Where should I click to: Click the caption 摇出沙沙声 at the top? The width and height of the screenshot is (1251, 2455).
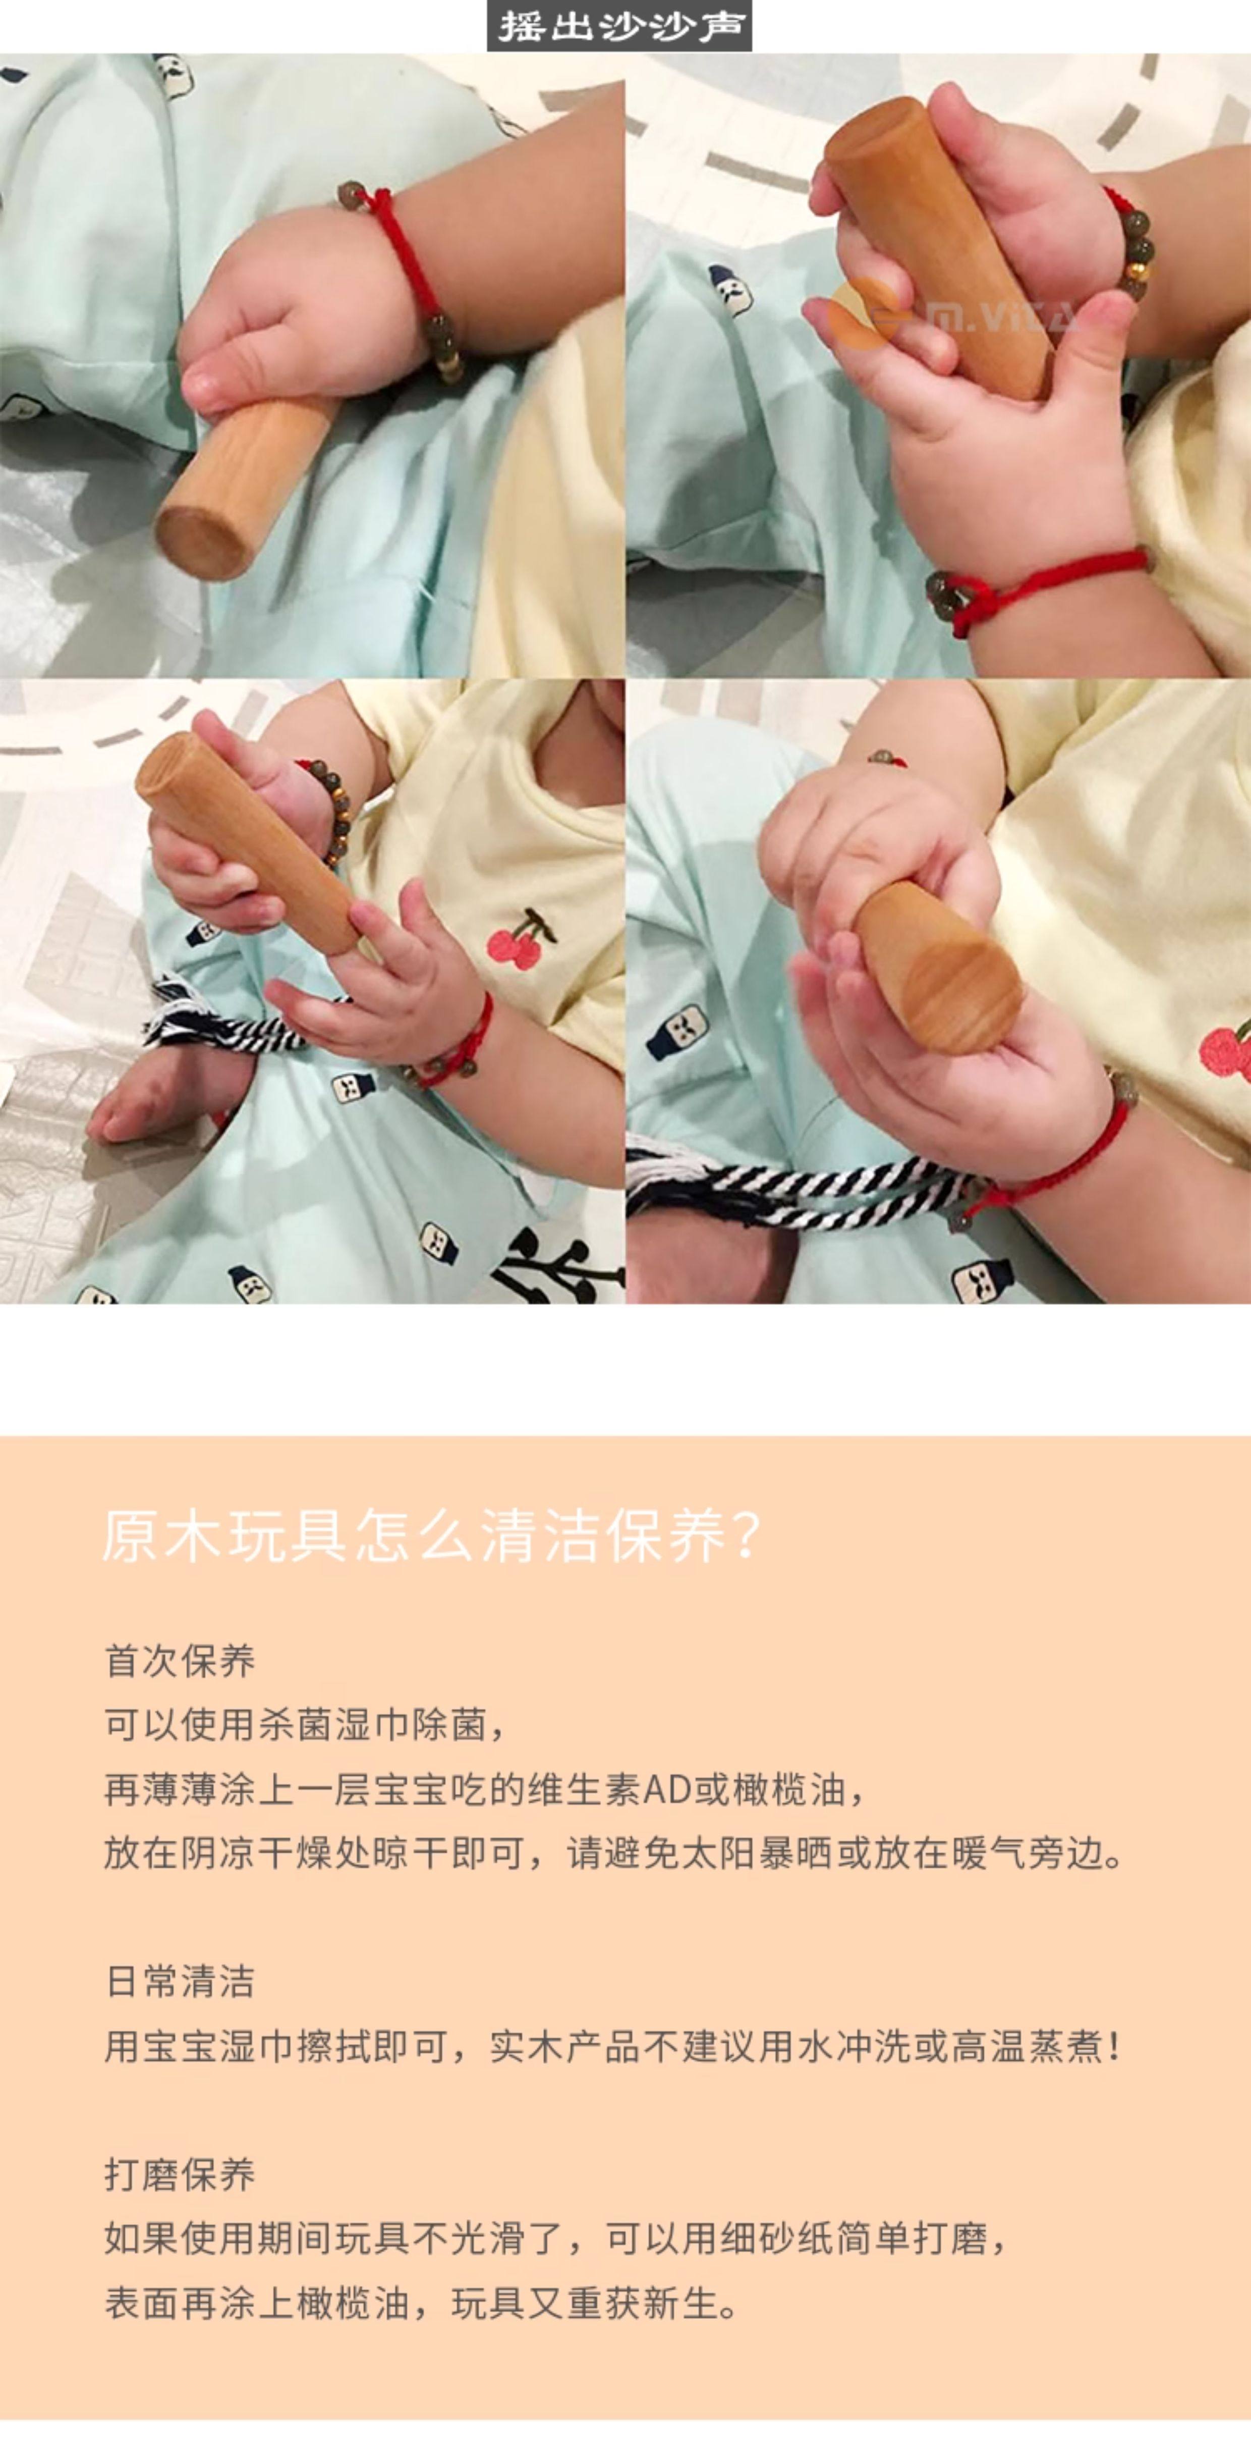[x=619, y=26]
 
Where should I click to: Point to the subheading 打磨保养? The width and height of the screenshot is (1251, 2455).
[x=180, y=2174]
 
